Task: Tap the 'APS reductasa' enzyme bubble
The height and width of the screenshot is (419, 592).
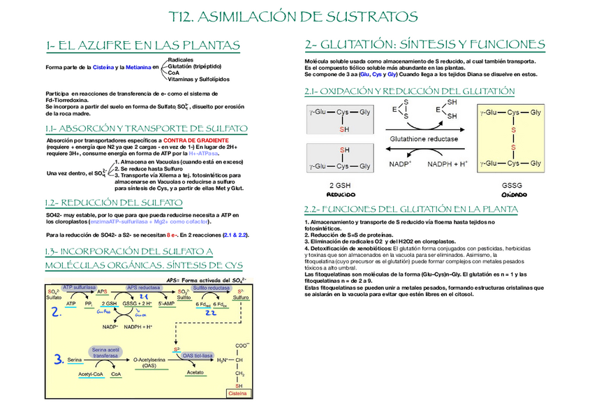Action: tap(142, 287)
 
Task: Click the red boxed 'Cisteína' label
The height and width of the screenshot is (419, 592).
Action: tap(239, 395)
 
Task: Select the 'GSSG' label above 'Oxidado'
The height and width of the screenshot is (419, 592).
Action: tap(512, 186)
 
